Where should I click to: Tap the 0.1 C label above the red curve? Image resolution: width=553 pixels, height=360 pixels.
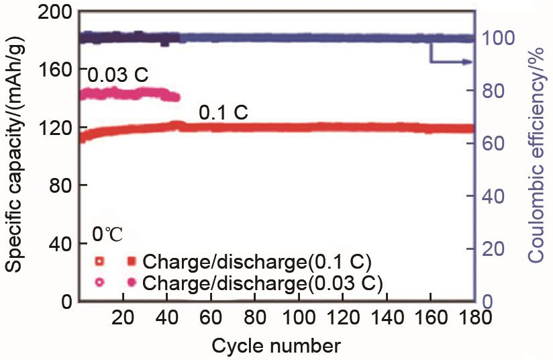pyautogui.click(x=223, y=111)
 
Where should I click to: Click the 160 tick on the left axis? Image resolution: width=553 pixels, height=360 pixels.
pyautogui.click(x=54, y=69)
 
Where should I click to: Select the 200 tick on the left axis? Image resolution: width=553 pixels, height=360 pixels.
pyautogui.click(x=54, y=11)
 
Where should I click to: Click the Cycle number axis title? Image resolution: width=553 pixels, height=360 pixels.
pyautogui.click(x=275, y=346)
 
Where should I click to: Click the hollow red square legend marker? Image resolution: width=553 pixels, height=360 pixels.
pyautogui.click(x=99, y=261)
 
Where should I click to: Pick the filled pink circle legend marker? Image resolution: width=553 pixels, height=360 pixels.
pyautogui.click(x=132, y=282)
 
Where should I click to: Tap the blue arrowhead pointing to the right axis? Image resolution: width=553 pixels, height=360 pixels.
pyautogui.click(x=467, y=62)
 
